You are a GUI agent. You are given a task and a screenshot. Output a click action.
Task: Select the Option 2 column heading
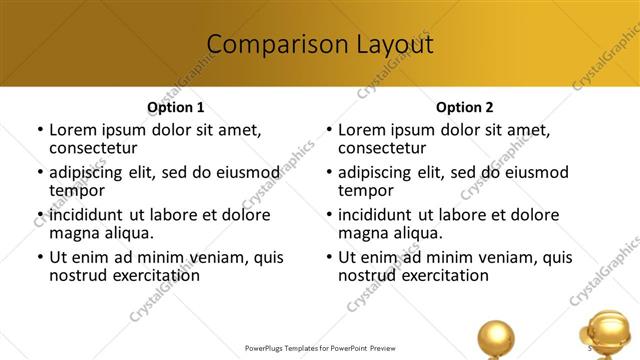coord(464,107)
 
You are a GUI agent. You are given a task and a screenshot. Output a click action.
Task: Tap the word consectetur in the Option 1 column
coord(99,148)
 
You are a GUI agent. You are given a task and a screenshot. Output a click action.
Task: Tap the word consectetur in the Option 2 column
coord(388,148)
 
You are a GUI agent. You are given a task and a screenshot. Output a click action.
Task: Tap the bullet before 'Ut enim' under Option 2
coord(329,257)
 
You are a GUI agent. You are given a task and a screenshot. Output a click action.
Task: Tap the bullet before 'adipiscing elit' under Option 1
coord(40,172)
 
